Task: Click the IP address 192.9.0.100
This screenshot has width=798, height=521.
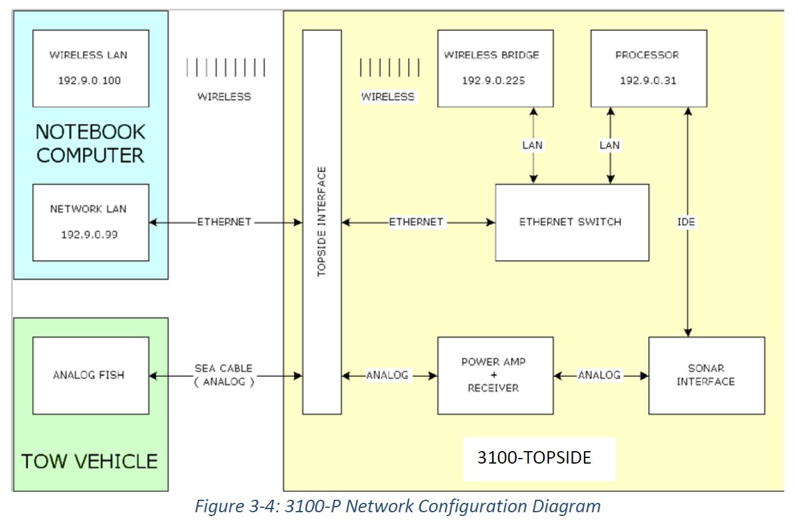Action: pos(90,81)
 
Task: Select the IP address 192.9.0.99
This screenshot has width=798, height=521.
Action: pos(90,235)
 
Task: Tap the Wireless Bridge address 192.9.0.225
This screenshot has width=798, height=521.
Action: pos(492,81)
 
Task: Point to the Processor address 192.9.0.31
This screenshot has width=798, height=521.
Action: pos(648,81)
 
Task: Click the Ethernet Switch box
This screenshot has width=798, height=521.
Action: pos(571,222)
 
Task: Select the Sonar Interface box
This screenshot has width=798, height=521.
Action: pos(706,375)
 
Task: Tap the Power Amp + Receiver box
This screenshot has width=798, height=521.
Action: pos(495,375)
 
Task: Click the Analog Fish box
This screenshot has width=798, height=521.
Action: pos(90,375)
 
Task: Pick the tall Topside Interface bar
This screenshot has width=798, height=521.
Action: pos(322,222)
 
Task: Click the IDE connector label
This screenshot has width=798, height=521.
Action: pos(686,222)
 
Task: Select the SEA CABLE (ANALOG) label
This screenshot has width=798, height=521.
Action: pos(224,375)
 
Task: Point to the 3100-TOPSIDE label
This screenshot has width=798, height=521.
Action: pos(534,458)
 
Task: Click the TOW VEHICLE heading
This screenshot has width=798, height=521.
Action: pos(89,462)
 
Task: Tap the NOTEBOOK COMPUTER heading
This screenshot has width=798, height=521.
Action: pos(90,144)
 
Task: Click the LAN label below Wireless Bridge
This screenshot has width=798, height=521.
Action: pos(532,145)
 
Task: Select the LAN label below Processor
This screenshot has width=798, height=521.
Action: pos(610,145)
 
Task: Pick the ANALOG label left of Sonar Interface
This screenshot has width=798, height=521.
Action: pos(599,375)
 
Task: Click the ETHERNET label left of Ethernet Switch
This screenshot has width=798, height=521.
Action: pos(416,222)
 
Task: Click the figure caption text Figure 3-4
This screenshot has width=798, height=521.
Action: pos(397,506)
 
